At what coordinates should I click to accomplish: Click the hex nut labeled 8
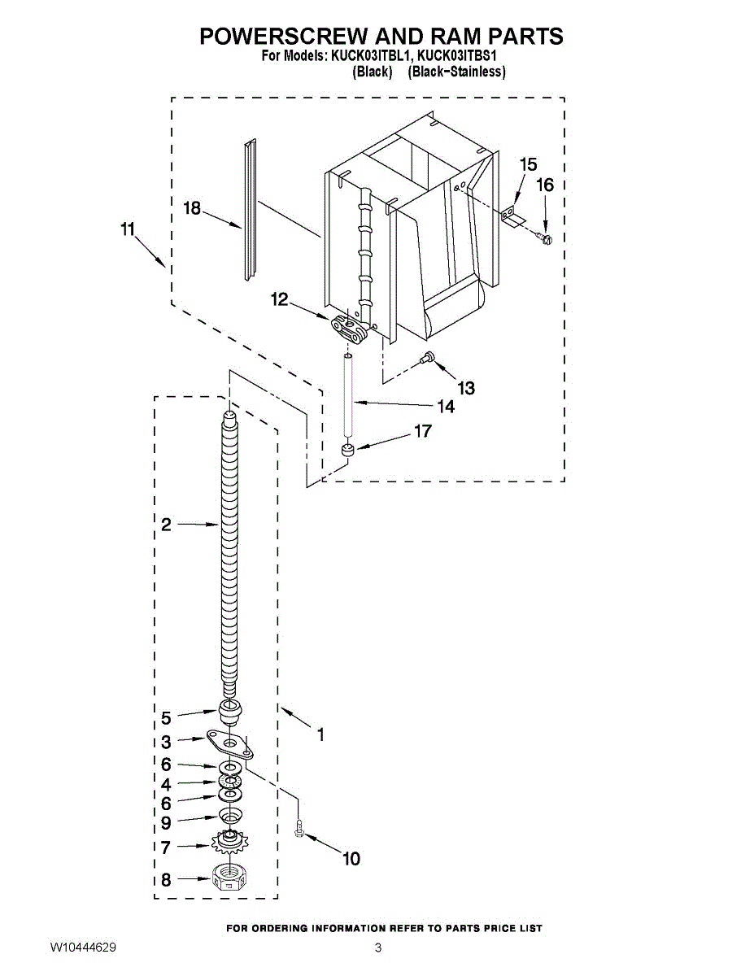229,878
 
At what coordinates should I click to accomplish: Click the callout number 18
192,209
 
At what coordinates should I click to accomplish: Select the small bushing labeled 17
348,450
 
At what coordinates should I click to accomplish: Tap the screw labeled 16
546,238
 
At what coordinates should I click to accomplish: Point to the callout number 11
127,230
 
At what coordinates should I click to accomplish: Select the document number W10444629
82,948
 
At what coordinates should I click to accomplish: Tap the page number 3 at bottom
378,948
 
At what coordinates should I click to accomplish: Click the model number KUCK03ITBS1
457,57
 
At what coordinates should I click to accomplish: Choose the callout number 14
446,406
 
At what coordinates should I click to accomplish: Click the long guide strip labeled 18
251,211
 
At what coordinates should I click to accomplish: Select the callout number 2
166,525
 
